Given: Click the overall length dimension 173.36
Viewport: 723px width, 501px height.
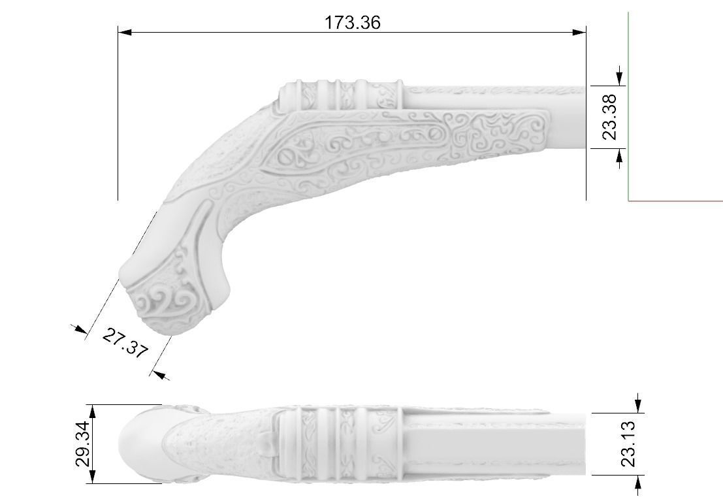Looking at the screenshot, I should [x=352, y=22].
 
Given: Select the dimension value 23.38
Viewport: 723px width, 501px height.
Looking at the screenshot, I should [x=609, y=117].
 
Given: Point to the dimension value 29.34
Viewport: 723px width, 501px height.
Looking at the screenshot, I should [x=82, y=444].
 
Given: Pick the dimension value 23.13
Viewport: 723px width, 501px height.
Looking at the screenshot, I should [x=628, y=444].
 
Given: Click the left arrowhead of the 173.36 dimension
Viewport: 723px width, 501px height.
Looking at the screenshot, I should [x=125, y=32].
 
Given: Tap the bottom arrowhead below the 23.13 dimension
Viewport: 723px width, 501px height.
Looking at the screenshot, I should [x=638, y=481].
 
